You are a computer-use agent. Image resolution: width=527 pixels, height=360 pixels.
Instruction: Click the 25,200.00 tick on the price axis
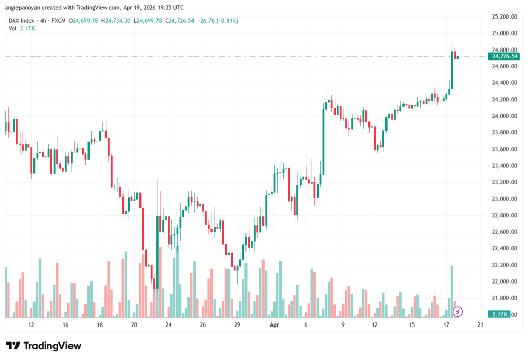point(504,16)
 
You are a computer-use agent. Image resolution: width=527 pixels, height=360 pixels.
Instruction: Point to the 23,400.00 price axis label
point(504,166)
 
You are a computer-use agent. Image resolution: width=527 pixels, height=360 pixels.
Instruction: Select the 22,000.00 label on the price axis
point(504,282)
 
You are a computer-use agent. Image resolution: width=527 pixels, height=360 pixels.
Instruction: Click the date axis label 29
point(237,325)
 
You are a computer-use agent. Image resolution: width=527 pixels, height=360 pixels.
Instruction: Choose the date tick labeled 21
point(481,325)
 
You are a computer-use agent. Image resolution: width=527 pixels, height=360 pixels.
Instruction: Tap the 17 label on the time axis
point(446,325)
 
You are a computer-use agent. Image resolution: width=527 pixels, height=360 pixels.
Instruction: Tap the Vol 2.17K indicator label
point(22,28)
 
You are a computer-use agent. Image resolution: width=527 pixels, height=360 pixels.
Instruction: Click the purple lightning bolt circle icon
point(458,312)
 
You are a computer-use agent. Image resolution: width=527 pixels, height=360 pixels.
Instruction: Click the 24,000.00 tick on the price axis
point(504,116)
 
